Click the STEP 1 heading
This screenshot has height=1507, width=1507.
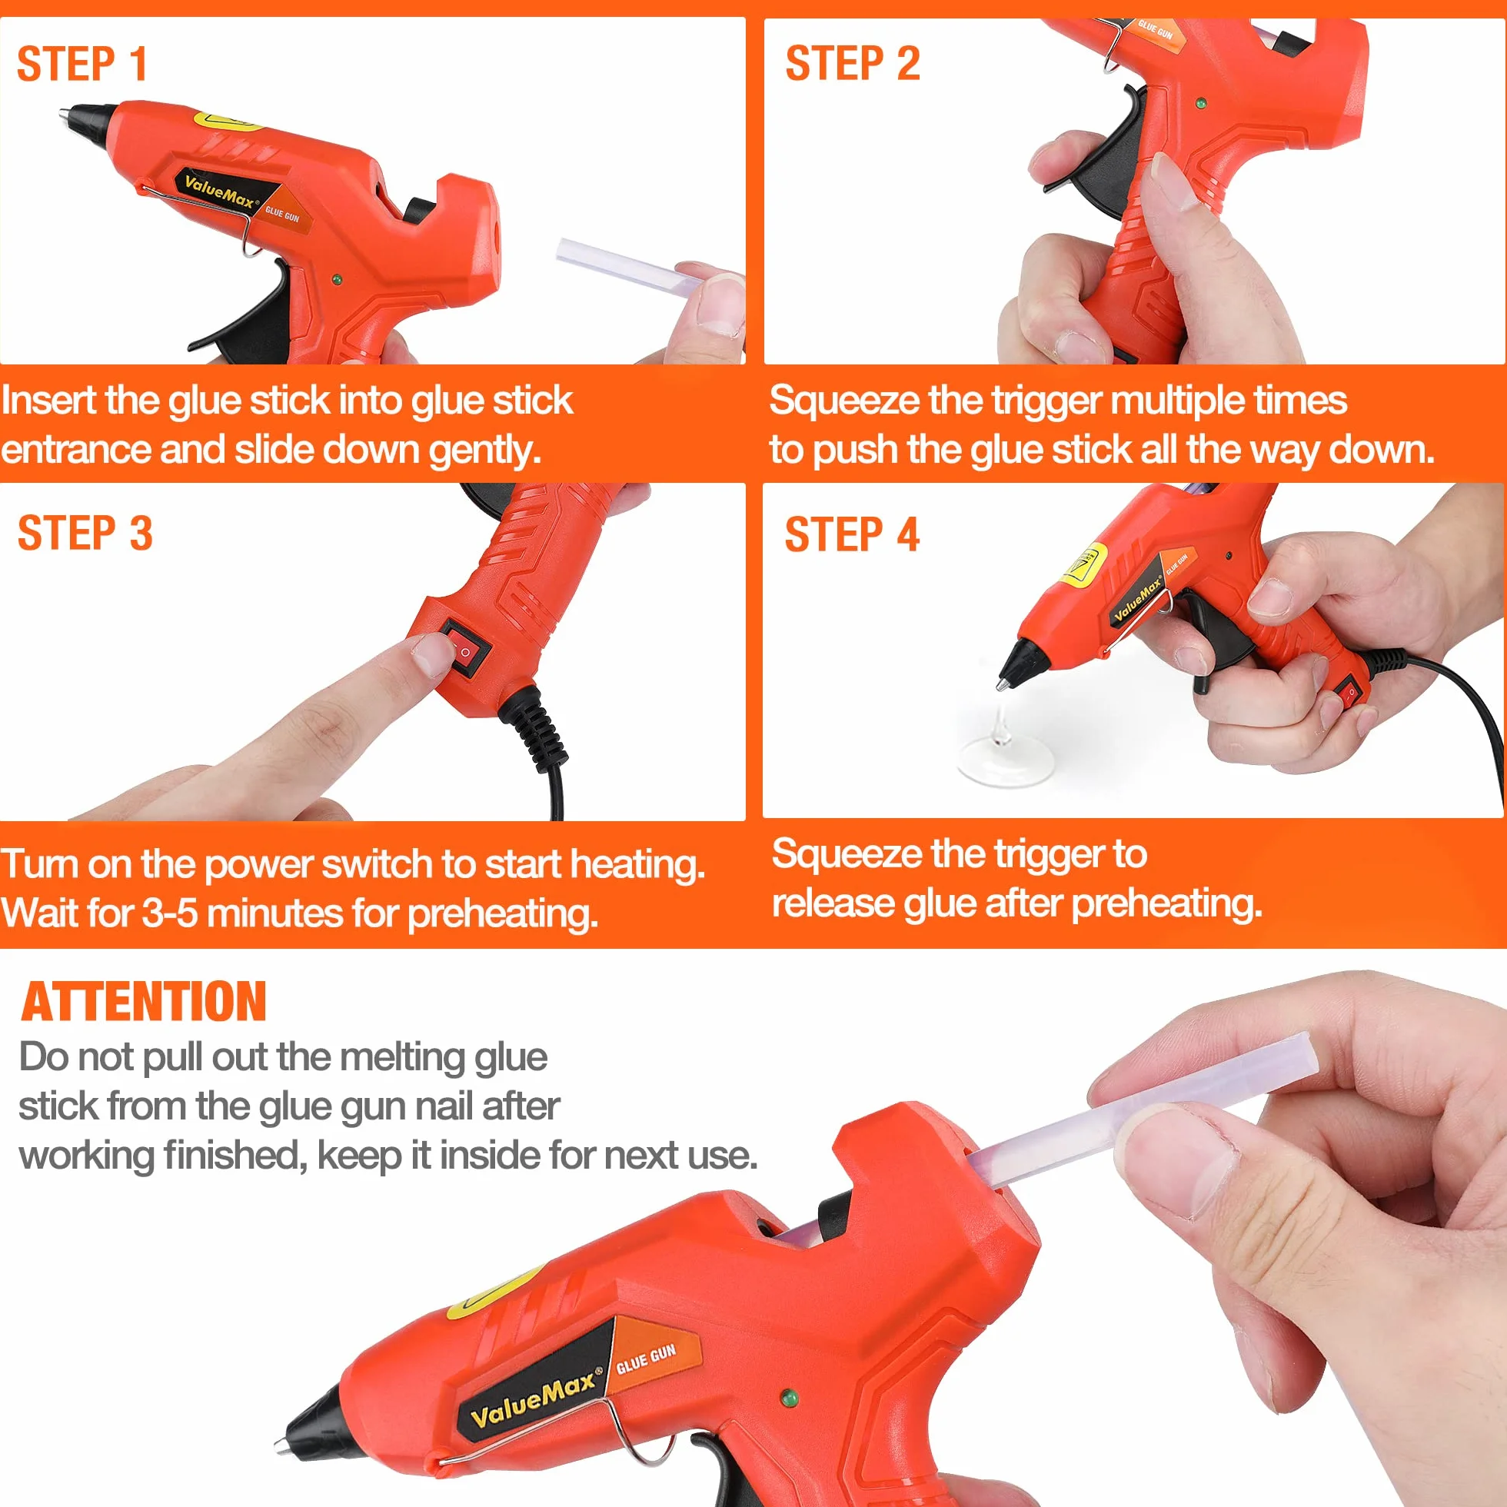click(x=82, y=64)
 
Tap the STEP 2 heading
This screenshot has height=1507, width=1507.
click(x=853, y=63)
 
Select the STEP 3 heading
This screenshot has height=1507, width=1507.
click(x=85, y=534)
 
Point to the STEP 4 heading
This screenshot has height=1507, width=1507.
click(x=852, y=535)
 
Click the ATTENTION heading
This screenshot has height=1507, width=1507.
click(x=144, y=1002)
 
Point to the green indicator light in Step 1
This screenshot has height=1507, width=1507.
click(x=337, y=279)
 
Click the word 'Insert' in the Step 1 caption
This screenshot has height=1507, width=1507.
click(x=50, y=400)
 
